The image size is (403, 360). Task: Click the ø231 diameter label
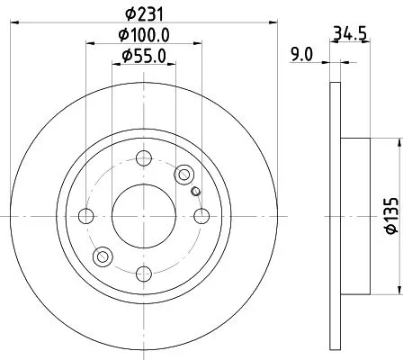pos(144,13)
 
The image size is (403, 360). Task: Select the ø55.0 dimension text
pos(144,56)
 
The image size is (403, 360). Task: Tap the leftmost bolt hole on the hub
pos(87,216)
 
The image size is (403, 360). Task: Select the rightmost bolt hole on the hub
pos(201,216)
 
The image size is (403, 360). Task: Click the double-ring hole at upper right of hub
pos(185,175)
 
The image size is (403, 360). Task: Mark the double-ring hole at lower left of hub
pos(103,257)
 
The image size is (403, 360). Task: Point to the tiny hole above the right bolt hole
pos(195,190)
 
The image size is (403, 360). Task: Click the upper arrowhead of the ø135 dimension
pos(396,143)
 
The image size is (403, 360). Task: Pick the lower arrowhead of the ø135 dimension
pos(396,289)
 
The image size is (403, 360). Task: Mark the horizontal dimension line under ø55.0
pos(144,66)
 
